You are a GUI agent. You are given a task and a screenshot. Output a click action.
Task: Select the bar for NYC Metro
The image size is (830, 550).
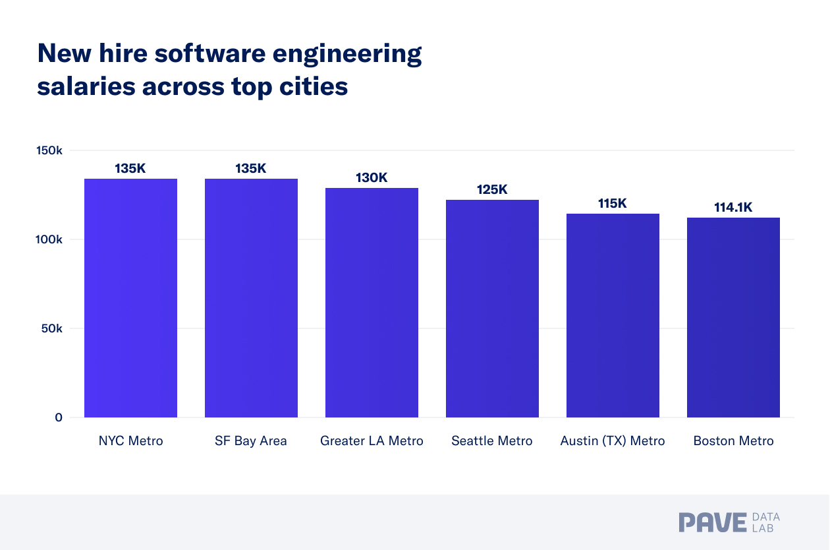[130, 298]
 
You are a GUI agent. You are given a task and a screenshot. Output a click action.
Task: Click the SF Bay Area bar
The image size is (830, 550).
[251, 298]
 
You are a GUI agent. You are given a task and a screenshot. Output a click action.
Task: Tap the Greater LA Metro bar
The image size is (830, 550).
[372, 303]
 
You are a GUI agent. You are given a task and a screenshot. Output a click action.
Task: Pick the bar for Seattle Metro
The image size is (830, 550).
[492, 309]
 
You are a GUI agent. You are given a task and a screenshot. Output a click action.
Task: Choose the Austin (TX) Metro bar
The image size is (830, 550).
[613, 315]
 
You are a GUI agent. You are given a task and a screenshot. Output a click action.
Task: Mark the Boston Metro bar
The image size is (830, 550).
[733, 317]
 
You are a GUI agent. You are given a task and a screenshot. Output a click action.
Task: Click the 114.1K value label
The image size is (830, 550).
[733, 208]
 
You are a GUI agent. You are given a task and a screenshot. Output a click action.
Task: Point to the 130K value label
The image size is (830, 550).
[372, 178]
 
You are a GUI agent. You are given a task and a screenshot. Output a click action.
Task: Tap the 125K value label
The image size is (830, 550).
[492, 190]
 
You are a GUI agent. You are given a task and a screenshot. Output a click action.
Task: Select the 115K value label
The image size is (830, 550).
[613, 203]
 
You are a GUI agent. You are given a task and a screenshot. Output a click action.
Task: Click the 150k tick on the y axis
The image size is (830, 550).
[49, 150]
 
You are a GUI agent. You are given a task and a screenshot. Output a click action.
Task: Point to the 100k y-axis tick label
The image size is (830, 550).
[49, 239]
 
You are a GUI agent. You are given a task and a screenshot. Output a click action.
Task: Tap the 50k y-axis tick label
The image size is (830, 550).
[51, 328]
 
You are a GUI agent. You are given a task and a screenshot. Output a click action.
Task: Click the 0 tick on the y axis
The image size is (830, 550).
[59, 417]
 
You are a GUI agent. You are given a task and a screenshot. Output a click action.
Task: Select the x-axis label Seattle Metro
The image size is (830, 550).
[492, 441]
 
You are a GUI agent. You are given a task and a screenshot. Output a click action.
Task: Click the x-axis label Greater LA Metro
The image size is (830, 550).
[372, 441]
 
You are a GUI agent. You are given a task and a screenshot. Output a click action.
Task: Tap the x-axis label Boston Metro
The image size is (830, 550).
[733, 441]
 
